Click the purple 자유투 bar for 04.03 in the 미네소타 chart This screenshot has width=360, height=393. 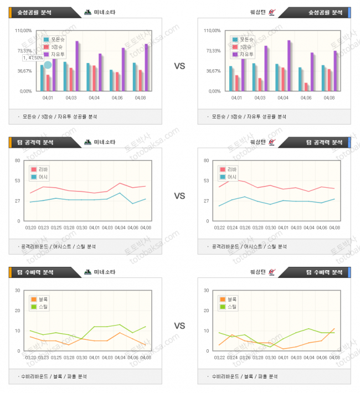(x=77, y=66)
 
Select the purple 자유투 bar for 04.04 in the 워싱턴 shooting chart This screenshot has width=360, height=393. (x=289, y=65)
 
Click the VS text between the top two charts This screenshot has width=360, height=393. (x=179, y=66)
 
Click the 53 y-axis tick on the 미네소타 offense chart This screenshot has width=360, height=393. (x=18, y=180)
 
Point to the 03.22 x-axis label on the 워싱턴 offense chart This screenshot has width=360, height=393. (x=220, y=227)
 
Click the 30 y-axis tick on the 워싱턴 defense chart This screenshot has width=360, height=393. (x=206, y=290)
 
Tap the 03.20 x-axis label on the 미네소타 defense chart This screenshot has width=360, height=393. (x=32, y=358)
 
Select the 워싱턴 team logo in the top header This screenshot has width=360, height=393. (x=271, y=12)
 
